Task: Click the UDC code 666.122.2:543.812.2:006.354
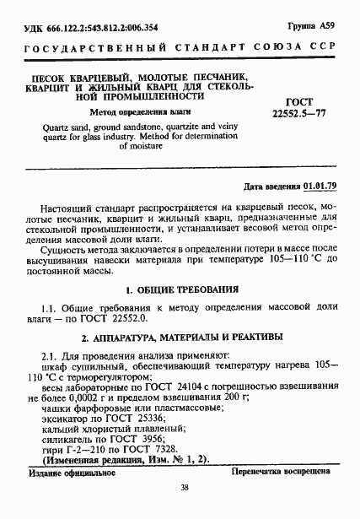point(102,27)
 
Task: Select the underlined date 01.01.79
point(320,186)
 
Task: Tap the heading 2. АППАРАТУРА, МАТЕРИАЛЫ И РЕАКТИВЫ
point(179,338)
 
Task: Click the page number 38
point(182,508)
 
